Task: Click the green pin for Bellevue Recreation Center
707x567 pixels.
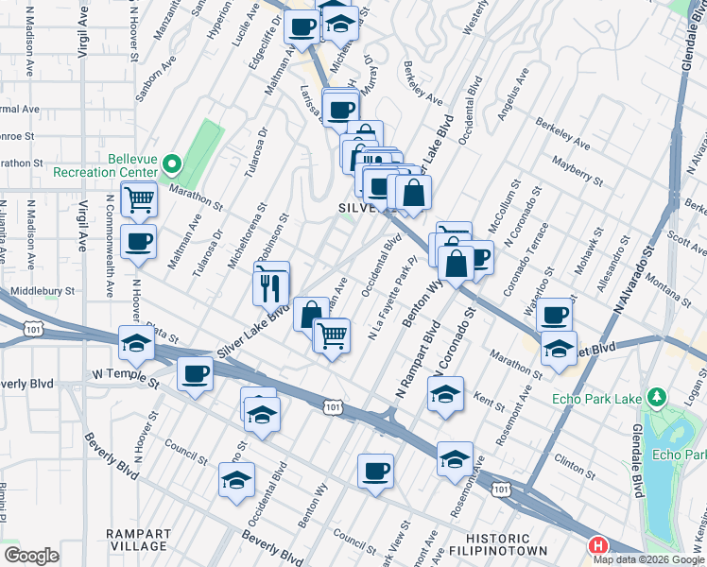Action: coord(171,165)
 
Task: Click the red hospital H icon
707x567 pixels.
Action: coord(598,545)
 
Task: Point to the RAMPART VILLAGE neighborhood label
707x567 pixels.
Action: coord(137,539)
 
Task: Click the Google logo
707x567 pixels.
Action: coord(31,556)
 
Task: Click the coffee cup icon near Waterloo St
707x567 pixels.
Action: coord(556,315)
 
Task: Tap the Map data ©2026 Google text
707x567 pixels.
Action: coord(648,558)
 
